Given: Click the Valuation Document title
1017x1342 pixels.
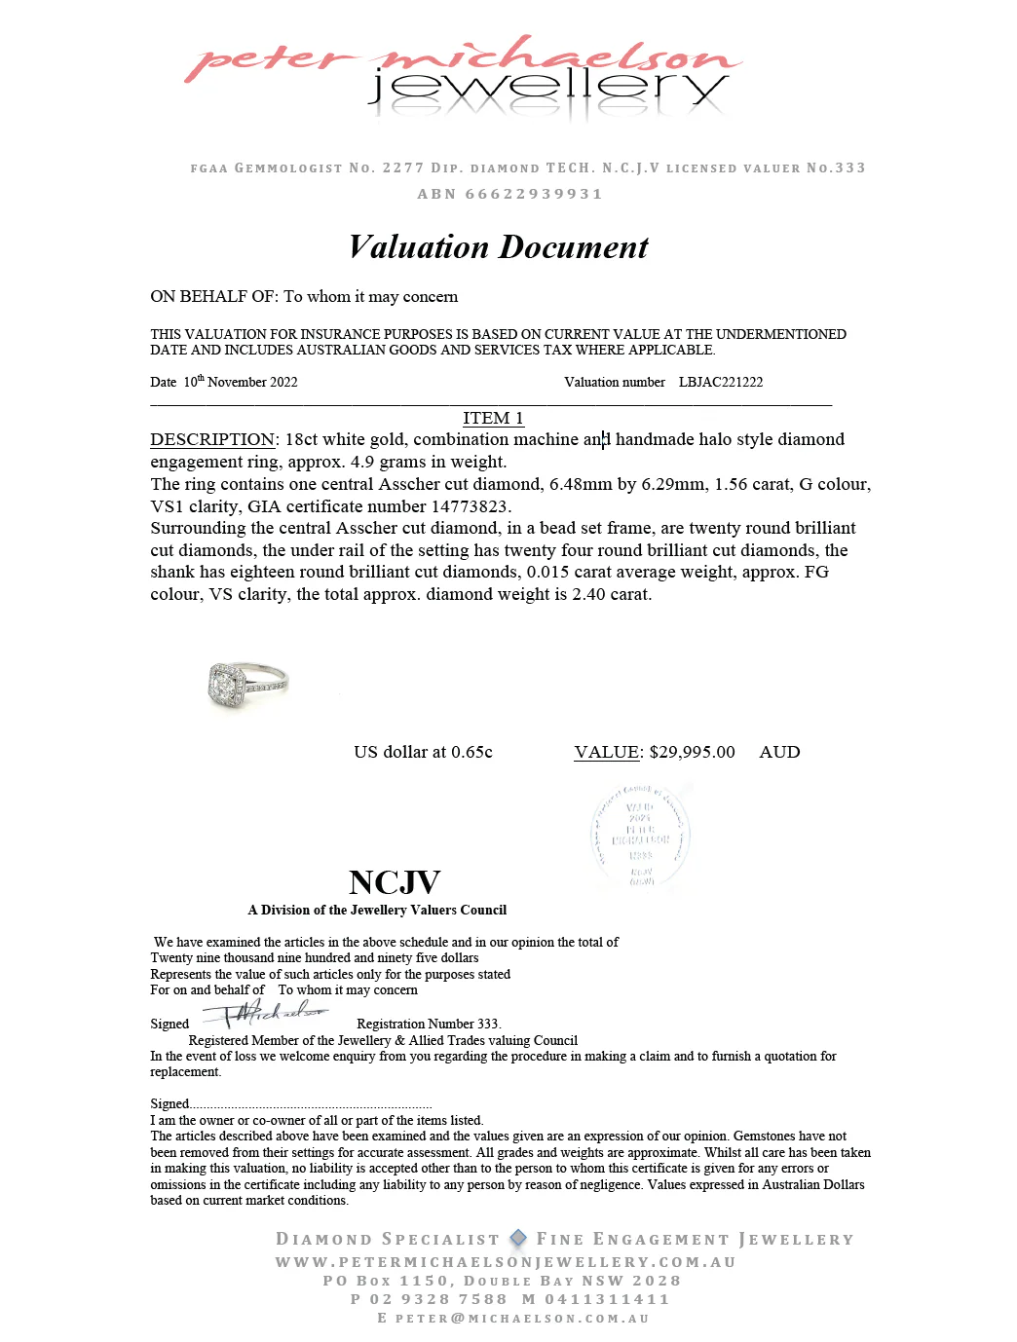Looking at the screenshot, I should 498,247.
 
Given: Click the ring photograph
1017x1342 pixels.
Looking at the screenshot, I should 246,684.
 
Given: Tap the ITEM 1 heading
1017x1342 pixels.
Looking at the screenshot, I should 493,418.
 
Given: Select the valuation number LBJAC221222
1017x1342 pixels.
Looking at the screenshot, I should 720,382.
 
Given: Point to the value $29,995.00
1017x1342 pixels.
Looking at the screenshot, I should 692,752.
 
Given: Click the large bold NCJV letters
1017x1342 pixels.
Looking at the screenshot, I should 395,882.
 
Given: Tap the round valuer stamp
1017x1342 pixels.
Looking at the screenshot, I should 640,837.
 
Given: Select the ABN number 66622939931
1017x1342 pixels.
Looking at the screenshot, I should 534,194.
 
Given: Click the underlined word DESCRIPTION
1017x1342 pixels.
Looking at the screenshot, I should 212,439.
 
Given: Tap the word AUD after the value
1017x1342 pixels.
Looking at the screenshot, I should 779,752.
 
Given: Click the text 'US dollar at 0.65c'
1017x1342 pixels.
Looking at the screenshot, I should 423,752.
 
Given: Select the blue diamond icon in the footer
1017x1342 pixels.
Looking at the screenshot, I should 518,1238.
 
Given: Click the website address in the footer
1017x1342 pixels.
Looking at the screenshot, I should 505,1262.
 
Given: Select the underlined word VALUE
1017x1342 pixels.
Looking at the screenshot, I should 607,752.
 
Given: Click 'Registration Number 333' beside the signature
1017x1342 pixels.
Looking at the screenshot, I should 428,1024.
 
